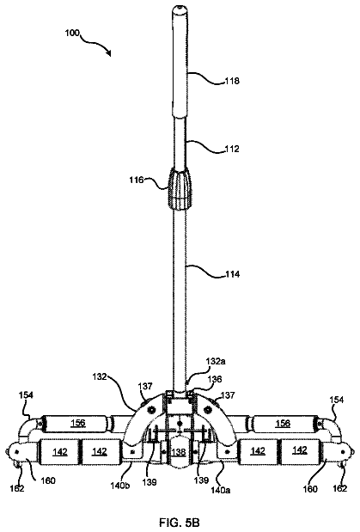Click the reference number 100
coord(72,34)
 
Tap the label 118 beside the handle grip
coord(232,81)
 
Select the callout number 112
coord(232,149)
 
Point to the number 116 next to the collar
coord(137,180)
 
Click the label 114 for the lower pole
coord(233,274)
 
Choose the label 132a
coord(216,361)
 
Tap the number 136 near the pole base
coord(215,379)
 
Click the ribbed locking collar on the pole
coord(179,188)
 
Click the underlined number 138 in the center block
coord(179,451)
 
